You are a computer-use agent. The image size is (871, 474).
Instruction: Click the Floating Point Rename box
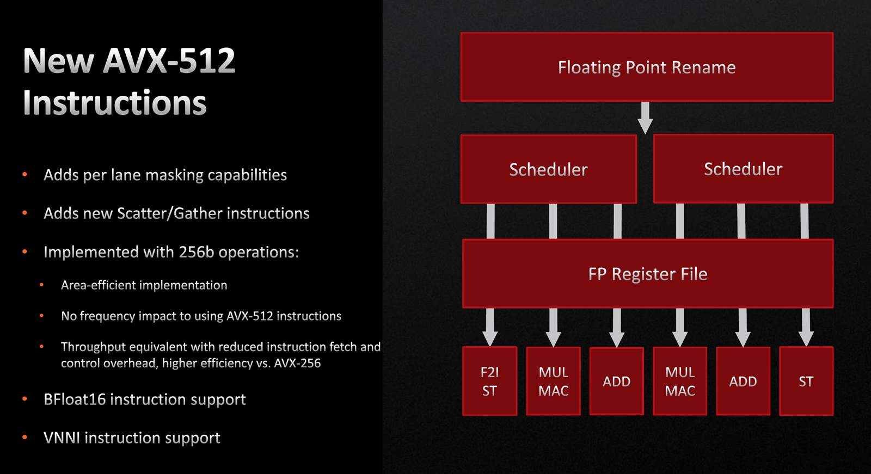[647, 67]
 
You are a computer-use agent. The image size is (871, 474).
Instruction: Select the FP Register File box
[647, 274]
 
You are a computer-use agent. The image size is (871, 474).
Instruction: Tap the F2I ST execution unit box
[490, 381]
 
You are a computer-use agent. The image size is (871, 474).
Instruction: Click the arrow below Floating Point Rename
[645, 118]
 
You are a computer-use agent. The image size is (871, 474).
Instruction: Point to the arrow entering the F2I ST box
[490, 327]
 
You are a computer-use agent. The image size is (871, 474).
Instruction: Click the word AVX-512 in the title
[169, 60]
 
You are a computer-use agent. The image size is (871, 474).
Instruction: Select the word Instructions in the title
[115, 102]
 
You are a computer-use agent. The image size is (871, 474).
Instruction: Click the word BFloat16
[75, 399]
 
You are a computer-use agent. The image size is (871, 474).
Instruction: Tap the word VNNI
[62, 438]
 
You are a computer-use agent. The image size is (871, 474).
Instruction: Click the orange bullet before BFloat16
[25, 399]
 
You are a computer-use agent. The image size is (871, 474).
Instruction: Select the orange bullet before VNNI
[25, 438]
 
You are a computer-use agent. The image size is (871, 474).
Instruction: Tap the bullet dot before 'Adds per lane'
[25, 175]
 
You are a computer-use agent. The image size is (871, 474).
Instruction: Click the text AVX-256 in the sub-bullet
[297, 363]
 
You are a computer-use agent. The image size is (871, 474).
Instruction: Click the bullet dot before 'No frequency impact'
[41, 316]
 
